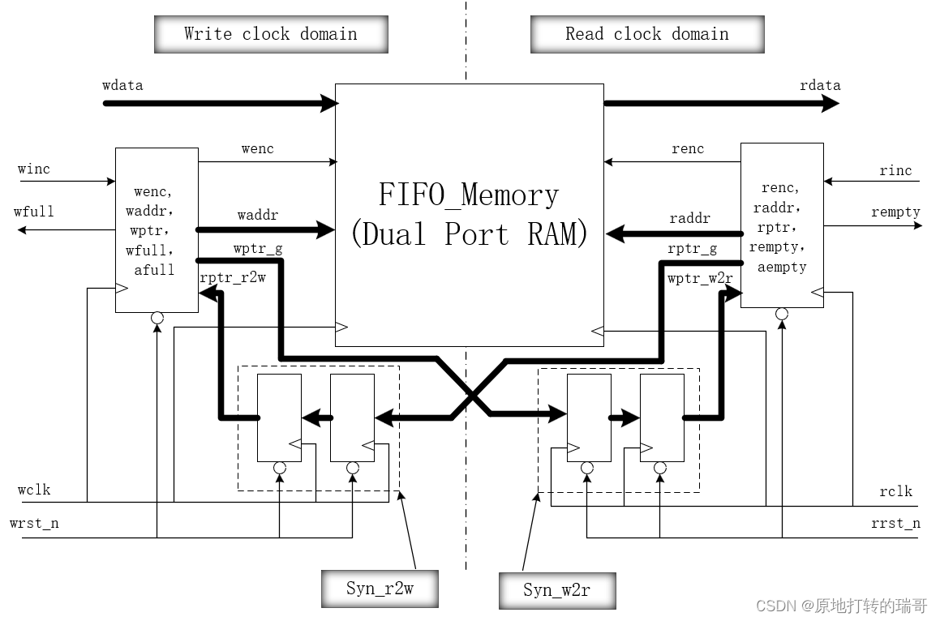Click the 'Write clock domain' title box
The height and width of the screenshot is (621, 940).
[270, 34]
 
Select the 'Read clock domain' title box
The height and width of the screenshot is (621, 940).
[646, 34]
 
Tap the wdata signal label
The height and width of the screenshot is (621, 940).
[123, 85]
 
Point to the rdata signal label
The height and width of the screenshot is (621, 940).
[820, 85]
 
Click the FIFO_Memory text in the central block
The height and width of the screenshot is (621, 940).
[469, 195]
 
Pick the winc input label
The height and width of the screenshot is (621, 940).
[34, 169]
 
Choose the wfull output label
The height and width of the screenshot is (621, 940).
[34, 212]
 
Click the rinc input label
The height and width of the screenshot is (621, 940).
[895, 170]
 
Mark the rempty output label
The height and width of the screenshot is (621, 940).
[895, 212]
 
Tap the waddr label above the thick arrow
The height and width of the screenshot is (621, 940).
[257, 216]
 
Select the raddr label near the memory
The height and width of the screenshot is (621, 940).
[689, 218]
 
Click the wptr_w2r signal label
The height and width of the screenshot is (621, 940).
[700, 278]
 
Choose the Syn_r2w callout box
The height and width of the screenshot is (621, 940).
[379, 589]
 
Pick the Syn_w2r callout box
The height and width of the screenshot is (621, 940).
[556, 590]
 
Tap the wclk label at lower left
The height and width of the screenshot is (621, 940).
[34, 490]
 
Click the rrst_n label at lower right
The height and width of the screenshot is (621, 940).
[895, 523]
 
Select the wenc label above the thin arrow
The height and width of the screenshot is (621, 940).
[257, 148]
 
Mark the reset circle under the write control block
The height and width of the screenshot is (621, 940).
[157, 318]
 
